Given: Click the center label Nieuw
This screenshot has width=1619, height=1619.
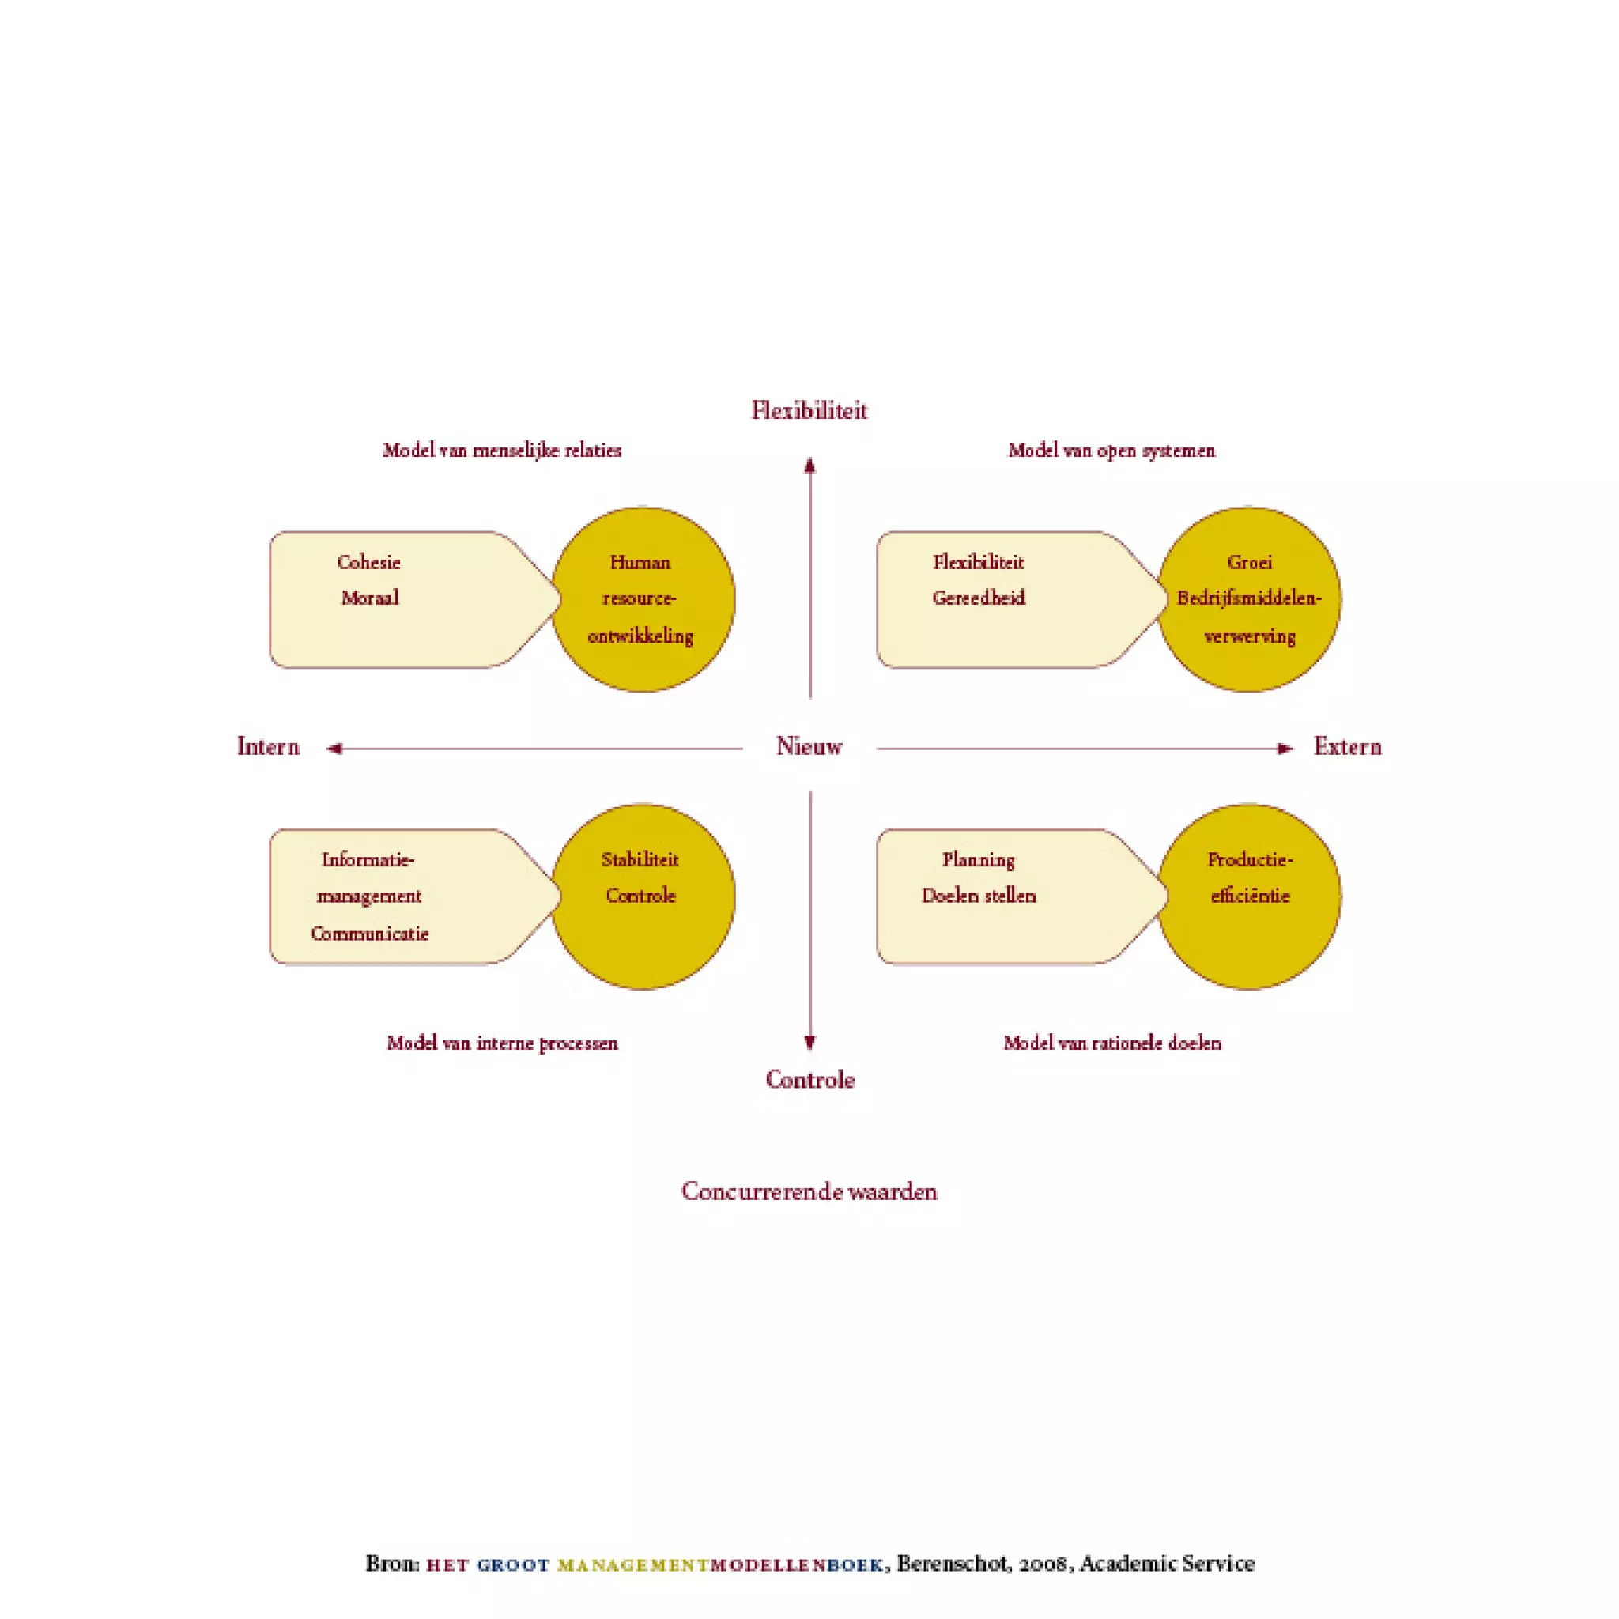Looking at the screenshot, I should tap(809, 745).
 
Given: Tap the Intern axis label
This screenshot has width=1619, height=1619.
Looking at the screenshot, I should tap(268, 745).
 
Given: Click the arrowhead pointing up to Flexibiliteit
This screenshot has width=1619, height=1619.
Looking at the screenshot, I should tap(809, 466).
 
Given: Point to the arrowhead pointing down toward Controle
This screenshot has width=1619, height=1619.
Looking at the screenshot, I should tap(809, 1043).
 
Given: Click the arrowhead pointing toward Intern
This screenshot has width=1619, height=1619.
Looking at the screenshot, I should tap(334, 749).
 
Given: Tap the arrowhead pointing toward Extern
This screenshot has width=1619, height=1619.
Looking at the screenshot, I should tap(1285, 749).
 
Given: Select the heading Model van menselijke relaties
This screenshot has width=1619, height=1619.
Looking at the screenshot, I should tap(502, 450).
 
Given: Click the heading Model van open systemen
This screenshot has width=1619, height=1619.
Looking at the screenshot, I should tap(1111, 450).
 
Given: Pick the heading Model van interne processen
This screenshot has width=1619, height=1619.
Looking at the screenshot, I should tap(502, 1043).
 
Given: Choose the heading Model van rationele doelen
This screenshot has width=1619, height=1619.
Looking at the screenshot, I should tap(1112, 1043).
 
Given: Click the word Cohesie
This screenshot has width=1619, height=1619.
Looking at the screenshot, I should tap(368, 562).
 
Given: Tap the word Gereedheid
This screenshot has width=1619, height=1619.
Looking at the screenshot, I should tap(979, 598).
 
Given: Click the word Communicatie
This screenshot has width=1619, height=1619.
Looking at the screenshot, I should tap(369, 934).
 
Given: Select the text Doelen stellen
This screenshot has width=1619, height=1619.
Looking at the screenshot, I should tap(979, 896).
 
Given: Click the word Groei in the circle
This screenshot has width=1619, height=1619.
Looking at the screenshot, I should tap(1250, 562).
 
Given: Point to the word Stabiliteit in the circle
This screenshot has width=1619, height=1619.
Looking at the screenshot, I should tap(640, 860).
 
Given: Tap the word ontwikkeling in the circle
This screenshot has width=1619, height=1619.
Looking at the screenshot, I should tap(640, 636).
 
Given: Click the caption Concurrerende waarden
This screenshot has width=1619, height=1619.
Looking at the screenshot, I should tap(809, 1191).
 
